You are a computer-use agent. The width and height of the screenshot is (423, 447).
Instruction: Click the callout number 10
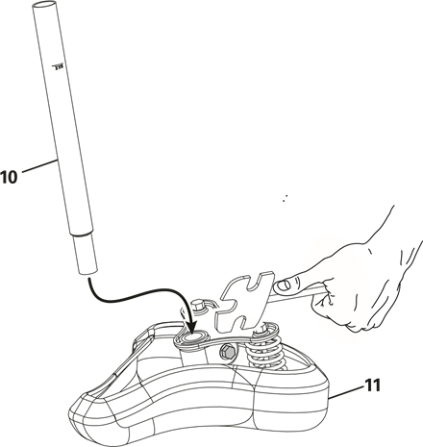9,177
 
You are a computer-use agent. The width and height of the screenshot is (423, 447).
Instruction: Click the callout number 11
372,385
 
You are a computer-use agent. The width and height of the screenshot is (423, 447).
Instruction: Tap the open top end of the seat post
45,5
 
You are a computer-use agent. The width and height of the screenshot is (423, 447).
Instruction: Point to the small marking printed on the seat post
59,67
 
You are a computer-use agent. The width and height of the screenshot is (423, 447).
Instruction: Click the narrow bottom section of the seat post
85,255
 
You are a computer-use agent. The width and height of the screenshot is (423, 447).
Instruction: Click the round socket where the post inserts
195,337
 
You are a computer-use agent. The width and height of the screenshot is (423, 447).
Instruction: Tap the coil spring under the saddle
267,352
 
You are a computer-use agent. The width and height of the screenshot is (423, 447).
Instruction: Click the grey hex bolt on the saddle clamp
226,352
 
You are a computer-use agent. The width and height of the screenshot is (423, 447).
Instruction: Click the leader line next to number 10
39,166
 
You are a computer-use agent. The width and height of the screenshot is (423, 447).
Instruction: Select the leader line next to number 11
346,392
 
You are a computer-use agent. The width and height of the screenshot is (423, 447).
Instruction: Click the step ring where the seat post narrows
82,234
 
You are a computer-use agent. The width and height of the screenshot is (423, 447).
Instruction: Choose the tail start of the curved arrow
89,279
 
